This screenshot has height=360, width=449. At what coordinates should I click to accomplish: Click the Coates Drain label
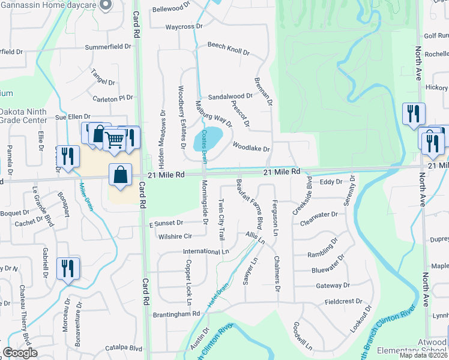point(204,144)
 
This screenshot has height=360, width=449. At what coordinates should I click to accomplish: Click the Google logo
point(20,353)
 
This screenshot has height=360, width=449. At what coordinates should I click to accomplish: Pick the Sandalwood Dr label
point(230,96)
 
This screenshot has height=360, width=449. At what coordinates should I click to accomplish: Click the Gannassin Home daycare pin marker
point(106,5)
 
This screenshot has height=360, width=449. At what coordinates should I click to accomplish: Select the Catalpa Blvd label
point(123,348)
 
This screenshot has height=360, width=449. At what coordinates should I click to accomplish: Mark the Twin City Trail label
point(221,220)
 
